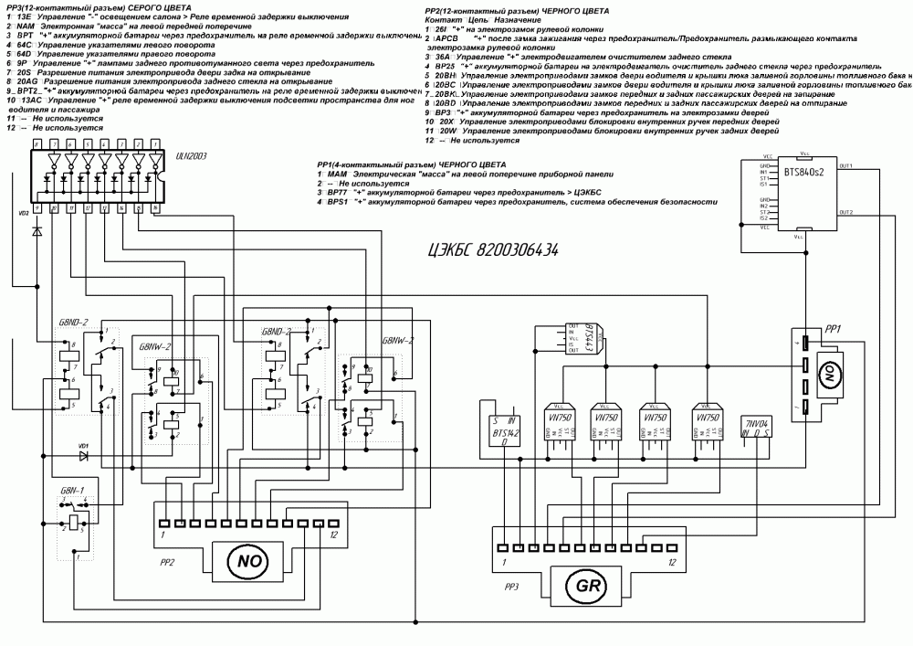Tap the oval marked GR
pos(583,583)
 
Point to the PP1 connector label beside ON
pos(832,327)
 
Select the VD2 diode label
pos(25,212)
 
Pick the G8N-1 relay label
pos(71,492)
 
